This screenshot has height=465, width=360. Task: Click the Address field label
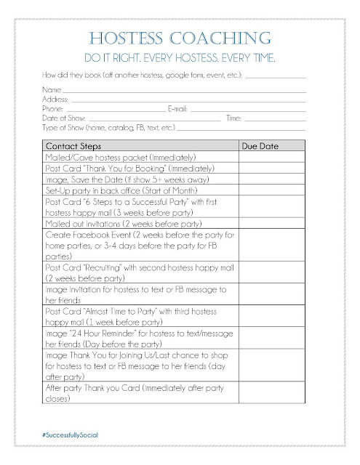tap(57, 97)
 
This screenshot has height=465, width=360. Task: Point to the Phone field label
tap(55, 107)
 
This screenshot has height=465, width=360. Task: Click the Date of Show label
tap(66, 116)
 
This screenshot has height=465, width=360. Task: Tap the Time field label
tap(234, 116)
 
